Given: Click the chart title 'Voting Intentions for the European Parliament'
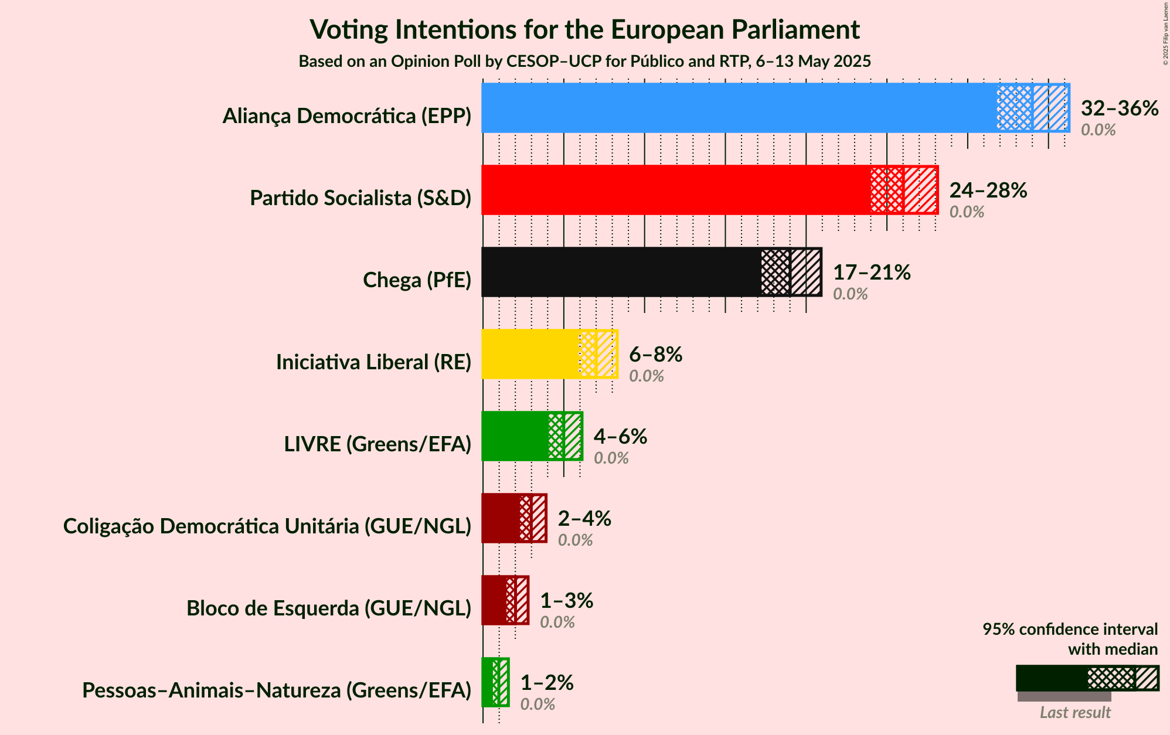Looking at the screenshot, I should pos(584,29).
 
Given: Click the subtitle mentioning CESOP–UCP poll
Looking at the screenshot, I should pos(584,62).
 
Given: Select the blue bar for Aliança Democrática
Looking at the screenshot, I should pos(739,108).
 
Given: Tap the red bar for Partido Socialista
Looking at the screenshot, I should pos(674,190).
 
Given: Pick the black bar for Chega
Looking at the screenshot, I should pos(621,272).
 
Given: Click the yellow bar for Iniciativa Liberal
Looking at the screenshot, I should pos(530,354).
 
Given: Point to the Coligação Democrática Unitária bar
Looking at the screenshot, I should pos(501,518).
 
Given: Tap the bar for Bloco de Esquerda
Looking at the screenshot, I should pos(494,600).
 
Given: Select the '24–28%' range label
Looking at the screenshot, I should pos(988,190).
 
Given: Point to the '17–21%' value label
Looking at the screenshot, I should pos(872,272).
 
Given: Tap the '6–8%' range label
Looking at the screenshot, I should pos(655,354).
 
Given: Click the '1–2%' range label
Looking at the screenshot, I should pos(547,682).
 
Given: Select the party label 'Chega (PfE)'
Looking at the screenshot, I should pos(417,280).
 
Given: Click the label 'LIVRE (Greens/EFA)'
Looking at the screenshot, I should pos(377,444).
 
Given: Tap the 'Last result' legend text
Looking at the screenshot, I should pos(1075,712).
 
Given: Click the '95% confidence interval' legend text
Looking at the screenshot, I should pos(1070,629).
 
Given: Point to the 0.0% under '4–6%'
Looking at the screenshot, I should pos(611,458).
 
